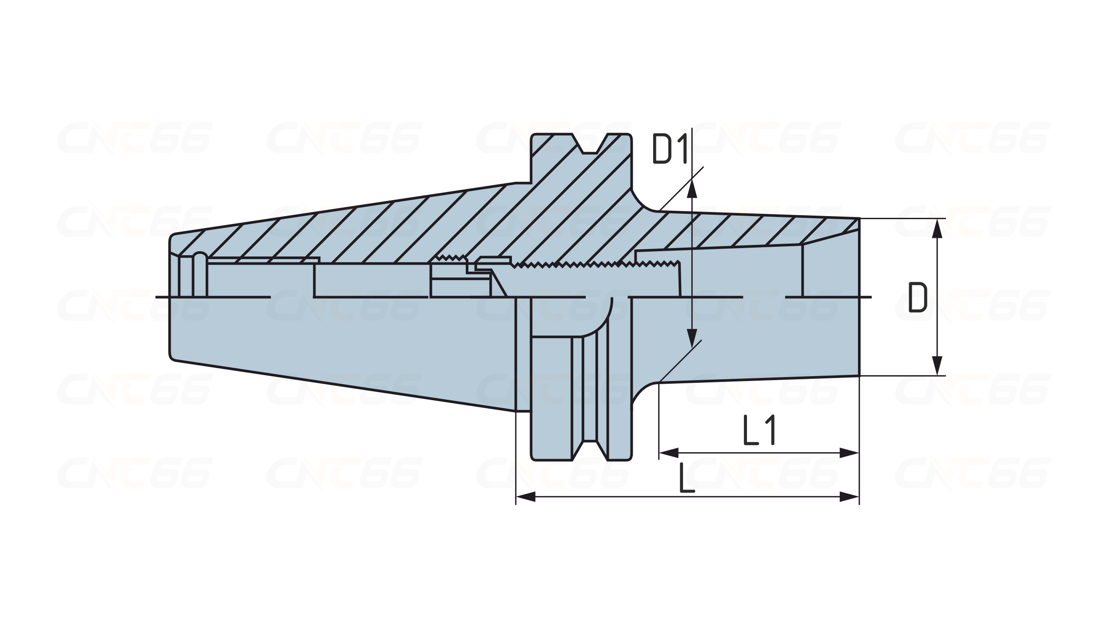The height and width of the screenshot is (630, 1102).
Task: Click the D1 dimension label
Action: tap(671, 148)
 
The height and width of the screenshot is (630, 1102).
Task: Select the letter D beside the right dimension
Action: tap(918, 297)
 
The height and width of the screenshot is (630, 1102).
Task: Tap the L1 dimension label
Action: tap(759, 430)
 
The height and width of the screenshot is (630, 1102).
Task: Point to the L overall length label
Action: tap(687, 478)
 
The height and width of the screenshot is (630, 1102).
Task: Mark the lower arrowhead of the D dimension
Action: tap(937, 365)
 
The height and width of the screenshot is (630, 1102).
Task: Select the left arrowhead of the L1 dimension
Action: tap(669, 453)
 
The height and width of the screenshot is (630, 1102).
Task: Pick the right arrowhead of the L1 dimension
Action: tap(849, 453)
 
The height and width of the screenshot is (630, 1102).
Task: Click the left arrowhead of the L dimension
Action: tap(526, 497)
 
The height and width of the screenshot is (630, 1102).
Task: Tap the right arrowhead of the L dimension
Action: tap(849, 497)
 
